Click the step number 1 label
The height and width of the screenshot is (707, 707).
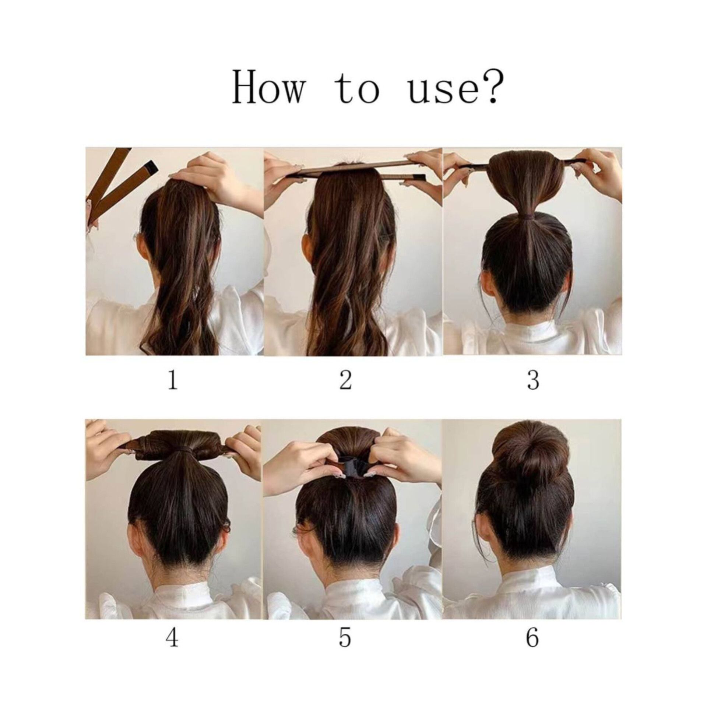pos(173,380)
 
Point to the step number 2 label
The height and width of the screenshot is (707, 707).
pos(345,380)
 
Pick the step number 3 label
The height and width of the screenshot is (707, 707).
pos(533,381)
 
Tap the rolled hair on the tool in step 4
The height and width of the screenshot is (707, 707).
pos(173,442)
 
